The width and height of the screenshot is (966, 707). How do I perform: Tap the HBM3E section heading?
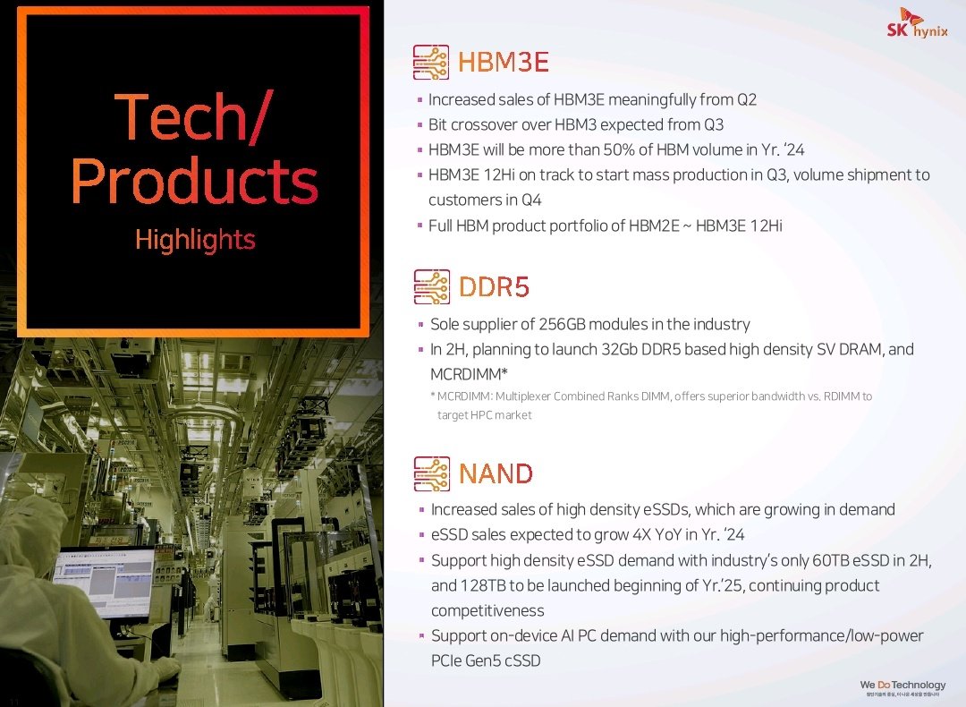coord(504,63)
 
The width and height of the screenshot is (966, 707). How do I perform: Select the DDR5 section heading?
coord(494,287)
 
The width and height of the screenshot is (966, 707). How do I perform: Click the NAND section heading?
coord(496,474)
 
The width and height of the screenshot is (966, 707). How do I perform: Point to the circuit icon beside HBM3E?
coord(430,63)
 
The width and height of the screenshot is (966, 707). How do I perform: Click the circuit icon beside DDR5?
coord(432,287)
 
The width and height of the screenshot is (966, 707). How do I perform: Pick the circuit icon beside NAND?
coord(432,474)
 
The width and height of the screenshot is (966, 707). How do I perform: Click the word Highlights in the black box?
coord(195,240)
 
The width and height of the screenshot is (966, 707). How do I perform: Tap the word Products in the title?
coord(195,181)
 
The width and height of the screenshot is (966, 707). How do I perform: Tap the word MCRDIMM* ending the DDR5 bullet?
coord(469,374)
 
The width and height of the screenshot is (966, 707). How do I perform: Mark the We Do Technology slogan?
coord(902,685)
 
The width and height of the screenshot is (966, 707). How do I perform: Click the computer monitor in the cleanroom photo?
coord(103,583)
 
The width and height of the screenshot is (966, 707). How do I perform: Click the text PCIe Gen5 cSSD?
coord(486,660)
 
